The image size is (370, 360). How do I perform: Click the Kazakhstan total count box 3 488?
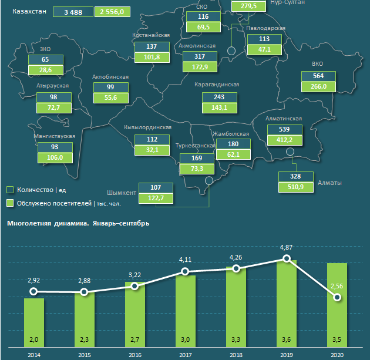coord(72,12)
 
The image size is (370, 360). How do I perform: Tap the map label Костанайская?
coord(151,36)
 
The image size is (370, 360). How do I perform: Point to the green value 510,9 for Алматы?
coord(294,187)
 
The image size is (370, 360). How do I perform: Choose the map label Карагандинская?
coord(217,85)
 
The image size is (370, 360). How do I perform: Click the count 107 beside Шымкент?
coord(156,187)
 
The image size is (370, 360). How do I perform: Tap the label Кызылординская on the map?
coord(147,127)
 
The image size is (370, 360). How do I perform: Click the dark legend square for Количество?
coord(10,190)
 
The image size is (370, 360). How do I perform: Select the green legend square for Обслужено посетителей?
coord(10,203)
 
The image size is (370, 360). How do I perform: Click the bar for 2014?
coord(34,323)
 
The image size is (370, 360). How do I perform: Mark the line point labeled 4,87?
coord(287,258)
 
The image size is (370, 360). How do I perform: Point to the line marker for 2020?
coord(337,297)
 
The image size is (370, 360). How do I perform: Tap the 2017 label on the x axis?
coord(186,355)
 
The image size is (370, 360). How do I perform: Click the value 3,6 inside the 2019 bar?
coord(287,339)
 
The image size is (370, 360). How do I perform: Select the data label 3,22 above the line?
coord(135,274)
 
